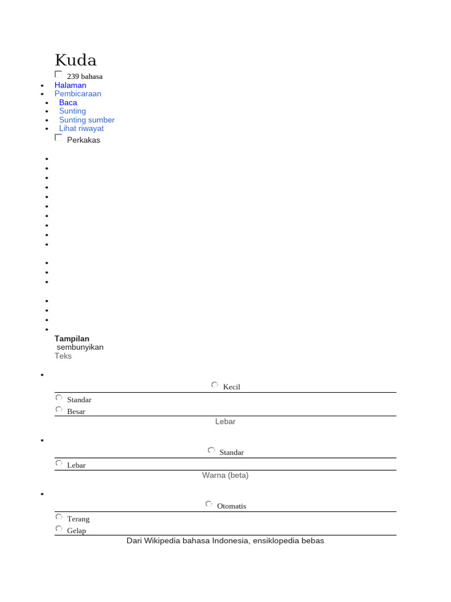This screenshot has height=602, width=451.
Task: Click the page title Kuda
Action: coord(76,60)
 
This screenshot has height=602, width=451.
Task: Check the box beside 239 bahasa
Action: coord(58,74)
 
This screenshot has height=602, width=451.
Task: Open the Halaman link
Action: coord(70,85)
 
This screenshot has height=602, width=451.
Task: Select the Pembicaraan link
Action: coord(78,93)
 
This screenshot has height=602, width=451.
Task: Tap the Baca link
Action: coord(68,102)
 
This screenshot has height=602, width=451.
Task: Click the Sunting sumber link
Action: coord(87,120)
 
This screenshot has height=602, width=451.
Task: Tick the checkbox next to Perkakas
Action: coord(58,138)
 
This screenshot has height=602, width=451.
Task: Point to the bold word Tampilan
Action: coord(72,339)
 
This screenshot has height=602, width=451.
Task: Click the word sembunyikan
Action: coord(80,347)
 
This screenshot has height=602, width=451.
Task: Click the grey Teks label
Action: coord(63,356)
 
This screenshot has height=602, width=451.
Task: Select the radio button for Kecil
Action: coord(215,385)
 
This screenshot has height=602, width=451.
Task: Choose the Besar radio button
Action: coord(59,409)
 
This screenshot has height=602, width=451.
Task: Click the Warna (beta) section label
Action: coord(225,475)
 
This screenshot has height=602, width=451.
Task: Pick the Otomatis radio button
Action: coord(209,504)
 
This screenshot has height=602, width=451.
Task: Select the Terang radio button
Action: coord(59,517)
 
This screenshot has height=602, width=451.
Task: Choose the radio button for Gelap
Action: coord(59,529)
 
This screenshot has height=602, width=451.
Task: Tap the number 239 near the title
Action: coord(73,76)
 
